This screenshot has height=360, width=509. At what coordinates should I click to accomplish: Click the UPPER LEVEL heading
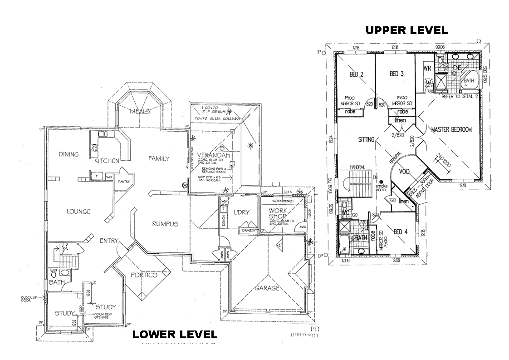point(406,30)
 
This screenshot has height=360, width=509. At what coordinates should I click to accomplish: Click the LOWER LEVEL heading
point(174,335)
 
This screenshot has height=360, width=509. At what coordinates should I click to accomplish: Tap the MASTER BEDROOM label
point(451,129)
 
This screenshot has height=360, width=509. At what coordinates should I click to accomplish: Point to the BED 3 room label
point(396,74)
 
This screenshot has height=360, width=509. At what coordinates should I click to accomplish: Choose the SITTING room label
point(366,139)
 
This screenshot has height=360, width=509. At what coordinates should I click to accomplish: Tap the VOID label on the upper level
point(405,172)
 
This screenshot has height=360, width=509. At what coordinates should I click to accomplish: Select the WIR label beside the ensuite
point(426,69)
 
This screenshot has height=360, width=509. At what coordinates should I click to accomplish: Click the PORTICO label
point(144,275)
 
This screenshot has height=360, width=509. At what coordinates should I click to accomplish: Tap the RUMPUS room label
point(165,223)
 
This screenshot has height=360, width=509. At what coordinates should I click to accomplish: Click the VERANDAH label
point(212,155)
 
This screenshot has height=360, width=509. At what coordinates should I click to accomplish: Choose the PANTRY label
point(124,182)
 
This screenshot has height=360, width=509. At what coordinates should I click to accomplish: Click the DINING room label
point(69,154)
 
